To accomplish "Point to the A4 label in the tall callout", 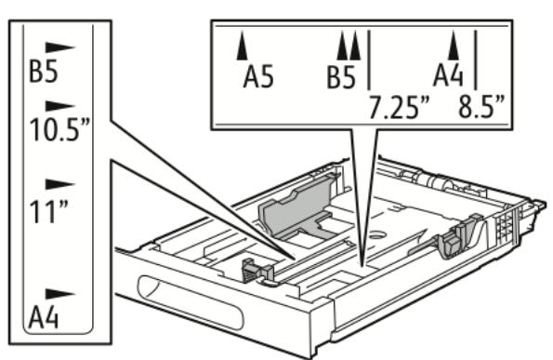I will coord(43,318).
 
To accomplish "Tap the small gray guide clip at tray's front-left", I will coord(256,271).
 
